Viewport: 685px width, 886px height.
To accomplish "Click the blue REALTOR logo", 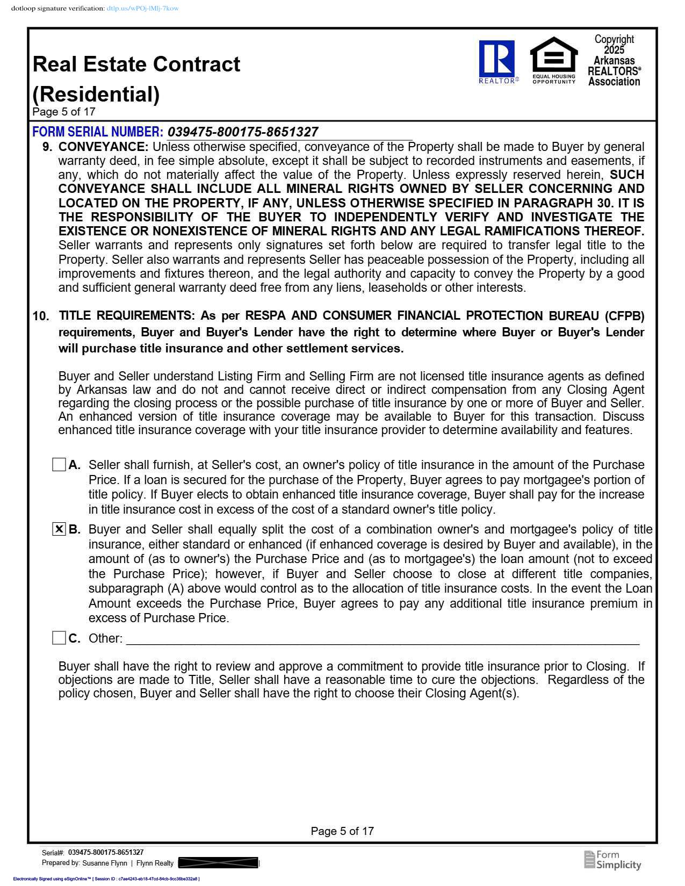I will pos(497,60).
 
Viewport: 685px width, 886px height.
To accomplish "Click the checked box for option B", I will pos(59,529).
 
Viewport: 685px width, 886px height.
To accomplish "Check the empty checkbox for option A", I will pos(59,465).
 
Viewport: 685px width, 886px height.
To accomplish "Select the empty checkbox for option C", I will pos(59,638).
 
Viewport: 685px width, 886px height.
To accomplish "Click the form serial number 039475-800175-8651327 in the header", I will pos(243,132).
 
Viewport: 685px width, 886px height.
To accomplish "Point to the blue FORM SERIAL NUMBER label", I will pos(97,132).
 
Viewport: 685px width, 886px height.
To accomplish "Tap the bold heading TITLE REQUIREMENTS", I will pos(127,315).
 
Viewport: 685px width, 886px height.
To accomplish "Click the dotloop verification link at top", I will pos(142,9).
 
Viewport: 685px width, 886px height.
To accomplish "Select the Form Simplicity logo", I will pos(612,860).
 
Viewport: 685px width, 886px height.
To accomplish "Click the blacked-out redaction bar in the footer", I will pos(218,863).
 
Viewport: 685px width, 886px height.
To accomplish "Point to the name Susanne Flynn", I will pos(105,863).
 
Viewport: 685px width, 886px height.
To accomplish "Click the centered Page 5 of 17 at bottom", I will pos(342,831).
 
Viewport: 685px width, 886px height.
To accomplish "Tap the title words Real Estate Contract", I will pos(136,64).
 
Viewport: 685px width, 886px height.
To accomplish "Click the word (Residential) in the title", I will pos(96,94).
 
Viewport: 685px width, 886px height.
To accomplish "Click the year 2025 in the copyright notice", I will pos(614,50).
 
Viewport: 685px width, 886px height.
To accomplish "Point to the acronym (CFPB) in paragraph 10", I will pos(624,315).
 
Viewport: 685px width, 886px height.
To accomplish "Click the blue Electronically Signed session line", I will pos(106,879).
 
